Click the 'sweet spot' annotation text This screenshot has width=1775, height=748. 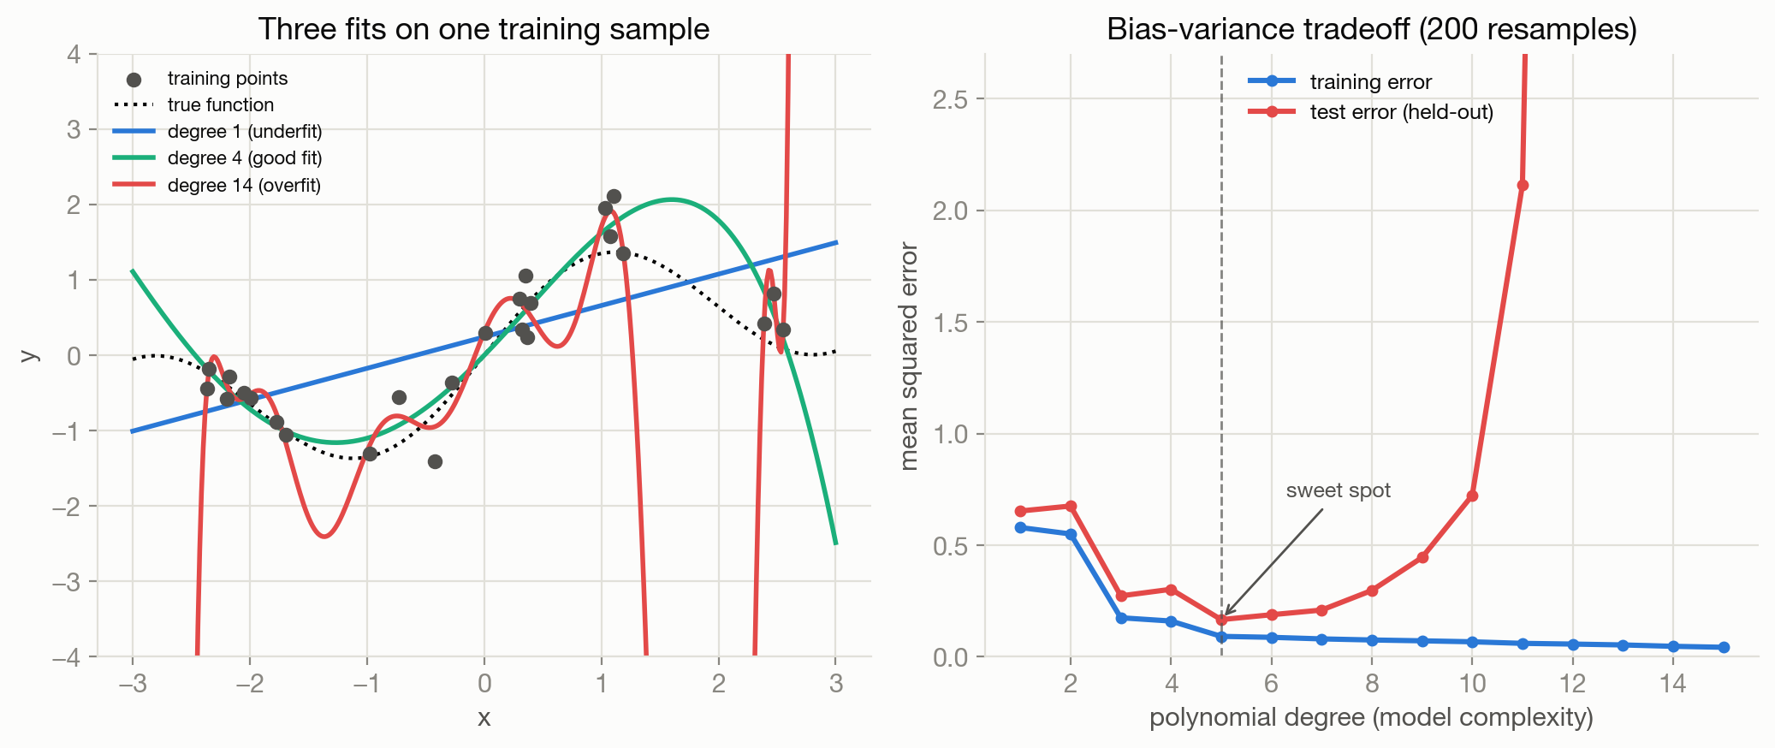pos(1339,490)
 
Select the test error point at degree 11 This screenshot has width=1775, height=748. pos(1523,185)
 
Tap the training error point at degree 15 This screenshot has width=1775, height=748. pos(1724,647)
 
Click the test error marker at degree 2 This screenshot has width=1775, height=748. pos(1071,506)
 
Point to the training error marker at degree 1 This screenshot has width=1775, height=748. pos(1020,527)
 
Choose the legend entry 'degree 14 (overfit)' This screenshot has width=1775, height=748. pos(217,185)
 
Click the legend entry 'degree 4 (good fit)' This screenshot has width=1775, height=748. pos(217,157)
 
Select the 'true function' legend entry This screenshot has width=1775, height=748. pos(193,104)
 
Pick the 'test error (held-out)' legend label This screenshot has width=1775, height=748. pos(1401,112)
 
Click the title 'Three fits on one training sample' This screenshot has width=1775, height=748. pos(484,29)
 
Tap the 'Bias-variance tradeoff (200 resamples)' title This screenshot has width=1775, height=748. pos(1371,29)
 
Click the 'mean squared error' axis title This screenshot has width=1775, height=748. pos(909,356)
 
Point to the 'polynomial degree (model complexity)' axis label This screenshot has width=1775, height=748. pos(1371,717)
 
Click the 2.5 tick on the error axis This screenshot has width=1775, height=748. pos(950,99)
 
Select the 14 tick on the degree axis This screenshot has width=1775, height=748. pos(1673,683)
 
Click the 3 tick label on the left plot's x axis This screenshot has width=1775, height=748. pos(836,683)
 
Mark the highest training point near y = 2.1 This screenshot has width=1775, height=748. pos(614,196)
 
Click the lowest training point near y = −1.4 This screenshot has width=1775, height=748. pos(435,461)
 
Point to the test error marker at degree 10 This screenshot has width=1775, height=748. pos(1472,496)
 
